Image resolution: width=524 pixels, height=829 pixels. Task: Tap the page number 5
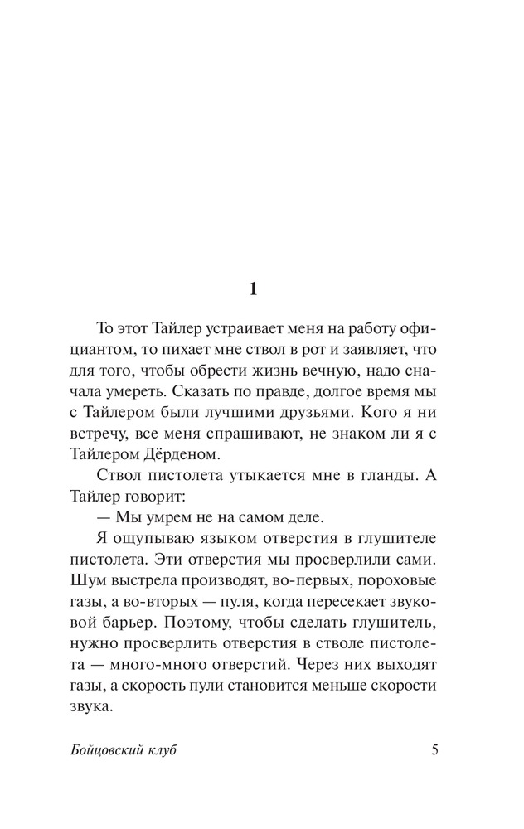[x=435, y=750]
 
